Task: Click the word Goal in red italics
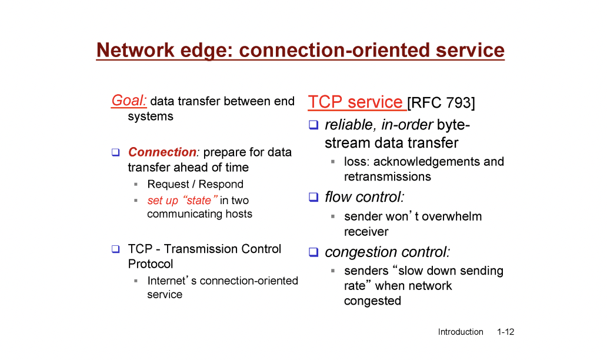click(129, 101)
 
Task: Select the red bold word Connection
click(162, 152)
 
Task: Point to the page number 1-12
click(506, 332)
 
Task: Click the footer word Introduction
click(461, 332)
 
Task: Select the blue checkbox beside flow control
click(313, 197)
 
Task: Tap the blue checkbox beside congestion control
click(313, 252)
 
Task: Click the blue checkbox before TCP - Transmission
click(115, 249)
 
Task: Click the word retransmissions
click(388, 176)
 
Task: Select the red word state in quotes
click(199, 201)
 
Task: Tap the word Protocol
click(151, 264)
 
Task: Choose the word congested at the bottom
click(372, 301)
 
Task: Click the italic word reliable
click(349, 125)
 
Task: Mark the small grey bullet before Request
click(136, 184)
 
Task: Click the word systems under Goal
click(151, 116)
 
